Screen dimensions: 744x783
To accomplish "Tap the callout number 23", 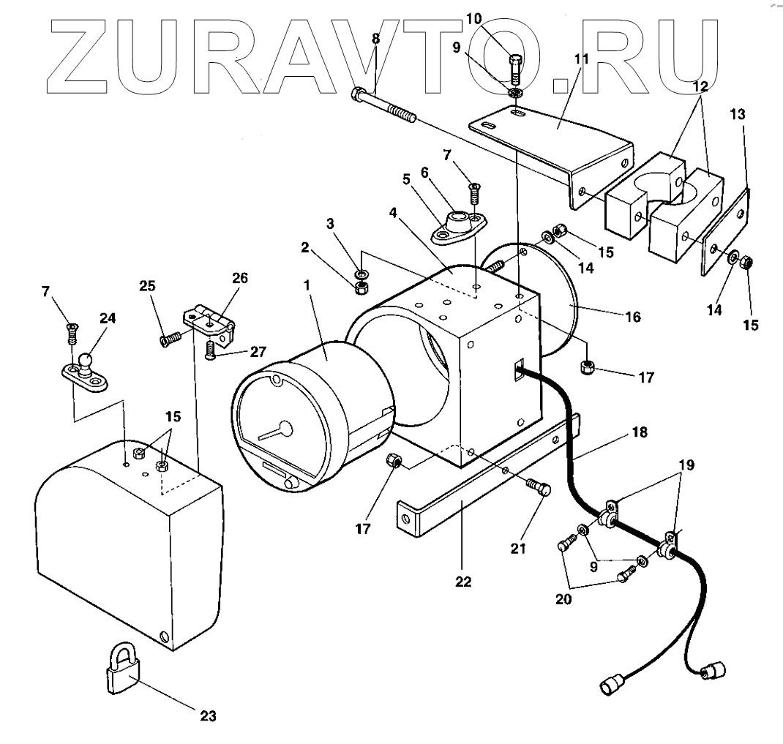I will point(209,715).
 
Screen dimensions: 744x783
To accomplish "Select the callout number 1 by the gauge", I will point(307,282).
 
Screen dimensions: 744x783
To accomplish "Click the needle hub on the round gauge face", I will point(283,429).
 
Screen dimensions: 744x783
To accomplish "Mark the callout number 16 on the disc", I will point(633,317).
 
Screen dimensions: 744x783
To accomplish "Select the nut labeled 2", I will point(360,288).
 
